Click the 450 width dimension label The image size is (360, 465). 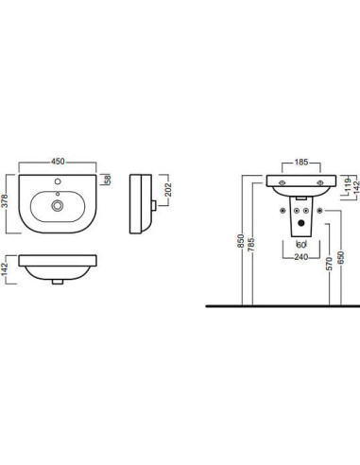pyautogui.click(x=58, y=162)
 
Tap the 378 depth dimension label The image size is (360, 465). pyautogui.click(x=5, y=201)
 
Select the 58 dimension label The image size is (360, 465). pyautogui.click(x=108, y=180)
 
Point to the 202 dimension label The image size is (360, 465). pyautogui.click(x=168, y=190)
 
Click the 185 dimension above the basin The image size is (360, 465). pyautogui.click(x=301, y=163)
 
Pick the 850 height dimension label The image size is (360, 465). pyautogui.click(x=241, y=241)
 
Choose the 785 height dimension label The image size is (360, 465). pyautogui.click(x=251, y=245)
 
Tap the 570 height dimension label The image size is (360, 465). pyautogui.click(x=329, y=264)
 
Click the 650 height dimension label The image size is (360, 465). pyautogui.click(x=341, y=258)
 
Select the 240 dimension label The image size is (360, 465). pyautogui.click(x=301, y=257)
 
